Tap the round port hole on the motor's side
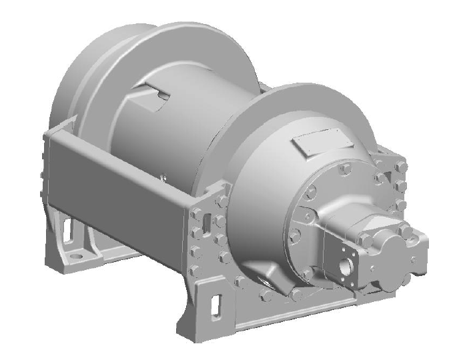(x=346, y=265)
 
